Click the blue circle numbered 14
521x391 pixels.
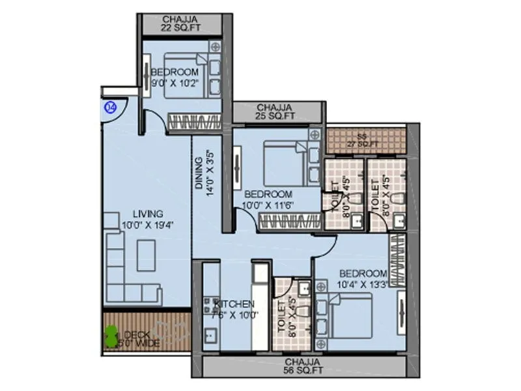click(x=110, y=108)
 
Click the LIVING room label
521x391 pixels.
click(x=148, y=214)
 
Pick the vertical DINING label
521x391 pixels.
click(x=199, y=175)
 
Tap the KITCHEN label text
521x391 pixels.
click(x=234, y=304)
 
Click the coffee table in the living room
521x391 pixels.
click(x=147, y=255)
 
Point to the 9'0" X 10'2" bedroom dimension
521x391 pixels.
click(x=174, y=83)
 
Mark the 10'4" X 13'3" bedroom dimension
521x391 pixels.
click(x=363, y=284)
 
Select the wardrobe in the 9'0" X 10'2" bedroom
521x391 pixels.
click(x=195, y=122)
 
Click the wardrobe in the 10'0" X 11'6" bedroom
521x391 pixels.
click(x=290, y=221)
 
